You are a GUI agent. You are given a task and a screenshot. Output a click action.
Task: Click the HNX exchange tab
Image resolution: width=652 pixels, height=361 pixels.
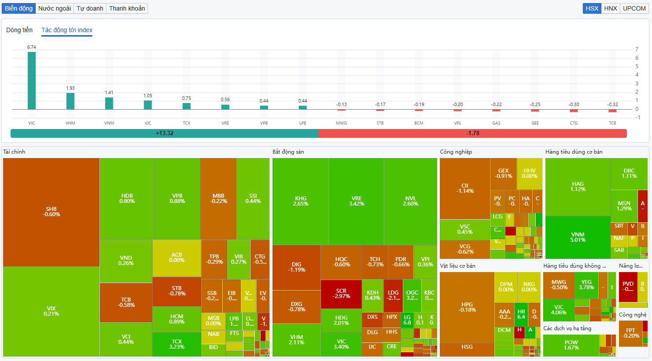click(x=610, y=8)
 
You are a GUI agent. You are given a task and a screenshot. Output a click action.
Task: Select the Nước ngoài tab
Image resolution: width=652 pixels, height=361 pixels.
click(x=55, y=8)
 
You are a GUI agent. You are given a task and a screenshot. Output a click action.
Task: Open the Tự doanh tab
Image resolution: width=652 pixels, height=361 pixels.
click(x=90, y=8)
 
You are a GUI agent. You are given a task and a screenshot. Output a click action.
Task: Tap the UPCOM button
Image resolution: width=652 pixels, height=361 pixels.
click(x=634, y=8)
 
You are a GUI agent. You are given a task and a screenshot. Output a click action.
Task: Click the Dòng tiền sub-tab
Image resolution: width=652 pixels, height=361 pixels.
click(x=19, y=30)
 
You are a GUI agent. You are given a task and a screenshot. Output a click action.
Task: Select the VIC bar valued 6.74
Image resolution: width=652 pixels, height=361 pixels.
click(x=32, y=81)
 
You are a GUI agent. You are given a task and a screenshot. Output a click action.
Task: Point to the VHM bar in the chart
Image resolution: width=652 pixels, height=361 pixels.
click(x=70, y=101)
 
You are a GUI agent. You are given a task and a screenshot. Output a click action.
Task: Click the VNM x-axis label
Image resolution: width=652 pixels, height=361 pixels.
click(x=109, y=123)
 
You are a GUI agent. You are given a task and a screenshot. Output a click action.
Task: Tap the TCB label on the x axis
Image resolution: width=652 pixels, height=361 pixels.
click(x=612, y=123)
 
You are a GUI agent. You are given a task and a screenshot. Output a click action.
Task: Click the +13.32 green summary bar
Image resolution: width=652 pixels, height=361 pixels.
click(x=164, y=133)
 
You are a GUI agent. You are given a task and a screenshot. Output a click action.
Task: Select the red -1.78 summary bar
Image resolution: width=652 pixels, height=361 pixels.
click(x=472, y=133)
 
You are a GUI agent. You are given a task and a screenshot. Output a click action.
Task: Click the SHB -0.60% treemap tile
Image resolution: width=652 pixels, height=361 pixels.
click(x=51, y=212)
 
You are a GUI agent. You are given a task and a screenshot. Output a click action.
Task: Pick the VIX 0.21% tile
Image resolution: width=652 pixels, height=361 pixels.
click(x=51, y=311)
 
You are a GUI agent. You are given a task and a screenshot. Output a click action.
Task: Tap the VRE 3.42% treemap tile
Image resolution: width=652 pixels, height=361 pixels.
click(x=357, y=201)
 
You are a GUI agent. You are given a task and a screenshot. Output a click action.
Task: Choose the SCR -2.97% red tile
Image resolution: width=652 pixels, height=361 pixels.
click(x=341, y=294)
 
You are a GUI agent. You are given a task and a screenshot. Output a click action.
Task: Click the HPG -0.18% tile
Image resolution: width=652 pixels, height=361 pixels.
click(x=467, y=307)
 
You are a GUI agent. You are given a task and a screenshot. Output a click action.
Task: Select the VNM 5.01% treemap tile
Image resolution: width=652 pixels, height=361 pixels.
click(x=578, y=237)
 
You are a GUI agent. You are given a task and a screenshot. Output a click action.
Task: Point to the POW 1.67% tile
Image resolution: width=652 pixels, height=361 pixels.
click(x=571, y=345)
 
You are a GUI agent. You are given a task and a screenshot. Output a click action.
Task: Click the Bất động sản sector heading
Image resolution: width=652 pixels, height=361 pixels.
click(x=288, y=152)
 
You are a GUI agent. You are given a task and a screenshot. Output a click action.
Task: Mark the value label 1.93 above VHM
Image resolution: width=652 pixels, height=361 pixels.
click(x=70, y=88)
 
